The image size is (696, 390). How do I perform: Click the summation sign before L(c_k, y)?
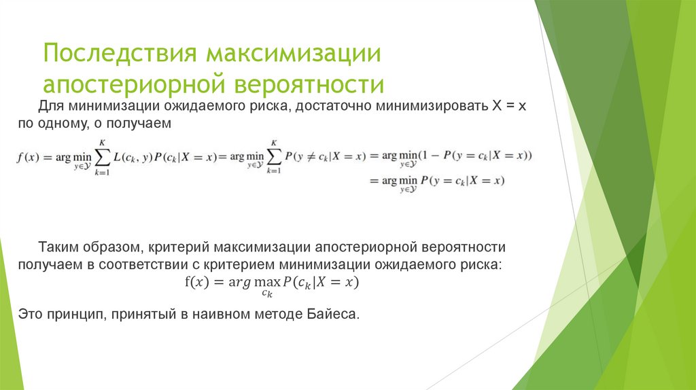[x=101, y=157]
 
